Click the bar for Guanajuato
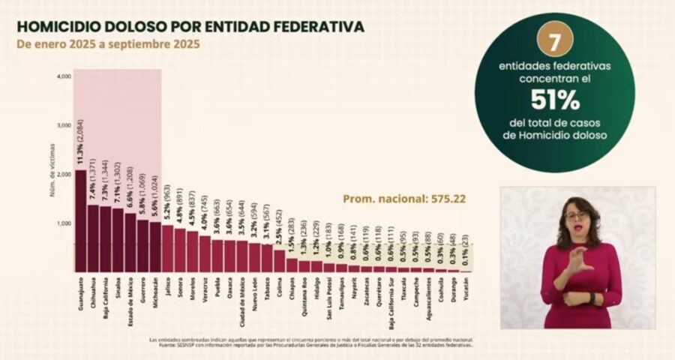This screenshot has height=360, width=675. (x=80, y=221)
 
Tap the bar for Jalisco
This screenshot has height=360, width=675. (x=167, y=248)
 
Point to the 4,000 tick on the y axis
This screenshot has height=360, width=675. (x=64, y=76)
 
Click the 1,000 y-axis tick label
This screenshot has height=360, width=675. (x=64, y=223)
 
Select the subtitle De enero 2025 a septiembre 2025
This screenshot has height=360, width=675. (x=109, y=44)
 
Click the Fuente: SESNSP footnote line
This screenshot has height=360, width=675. (x=311, y=345)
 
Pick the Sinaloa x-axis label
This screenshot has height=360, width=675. (x=118, y=289)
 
